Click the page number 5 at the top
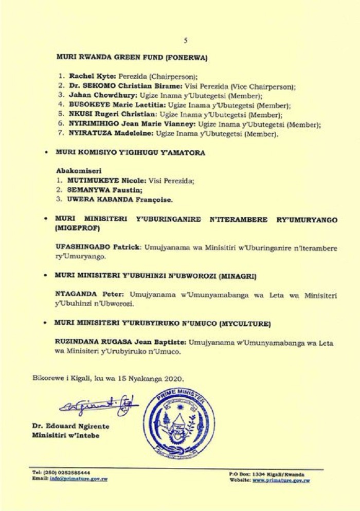[186, 40]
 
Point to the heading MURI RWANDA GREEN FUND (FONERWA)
[132, 58]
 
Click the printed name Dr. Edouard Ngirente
[70, 427]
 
